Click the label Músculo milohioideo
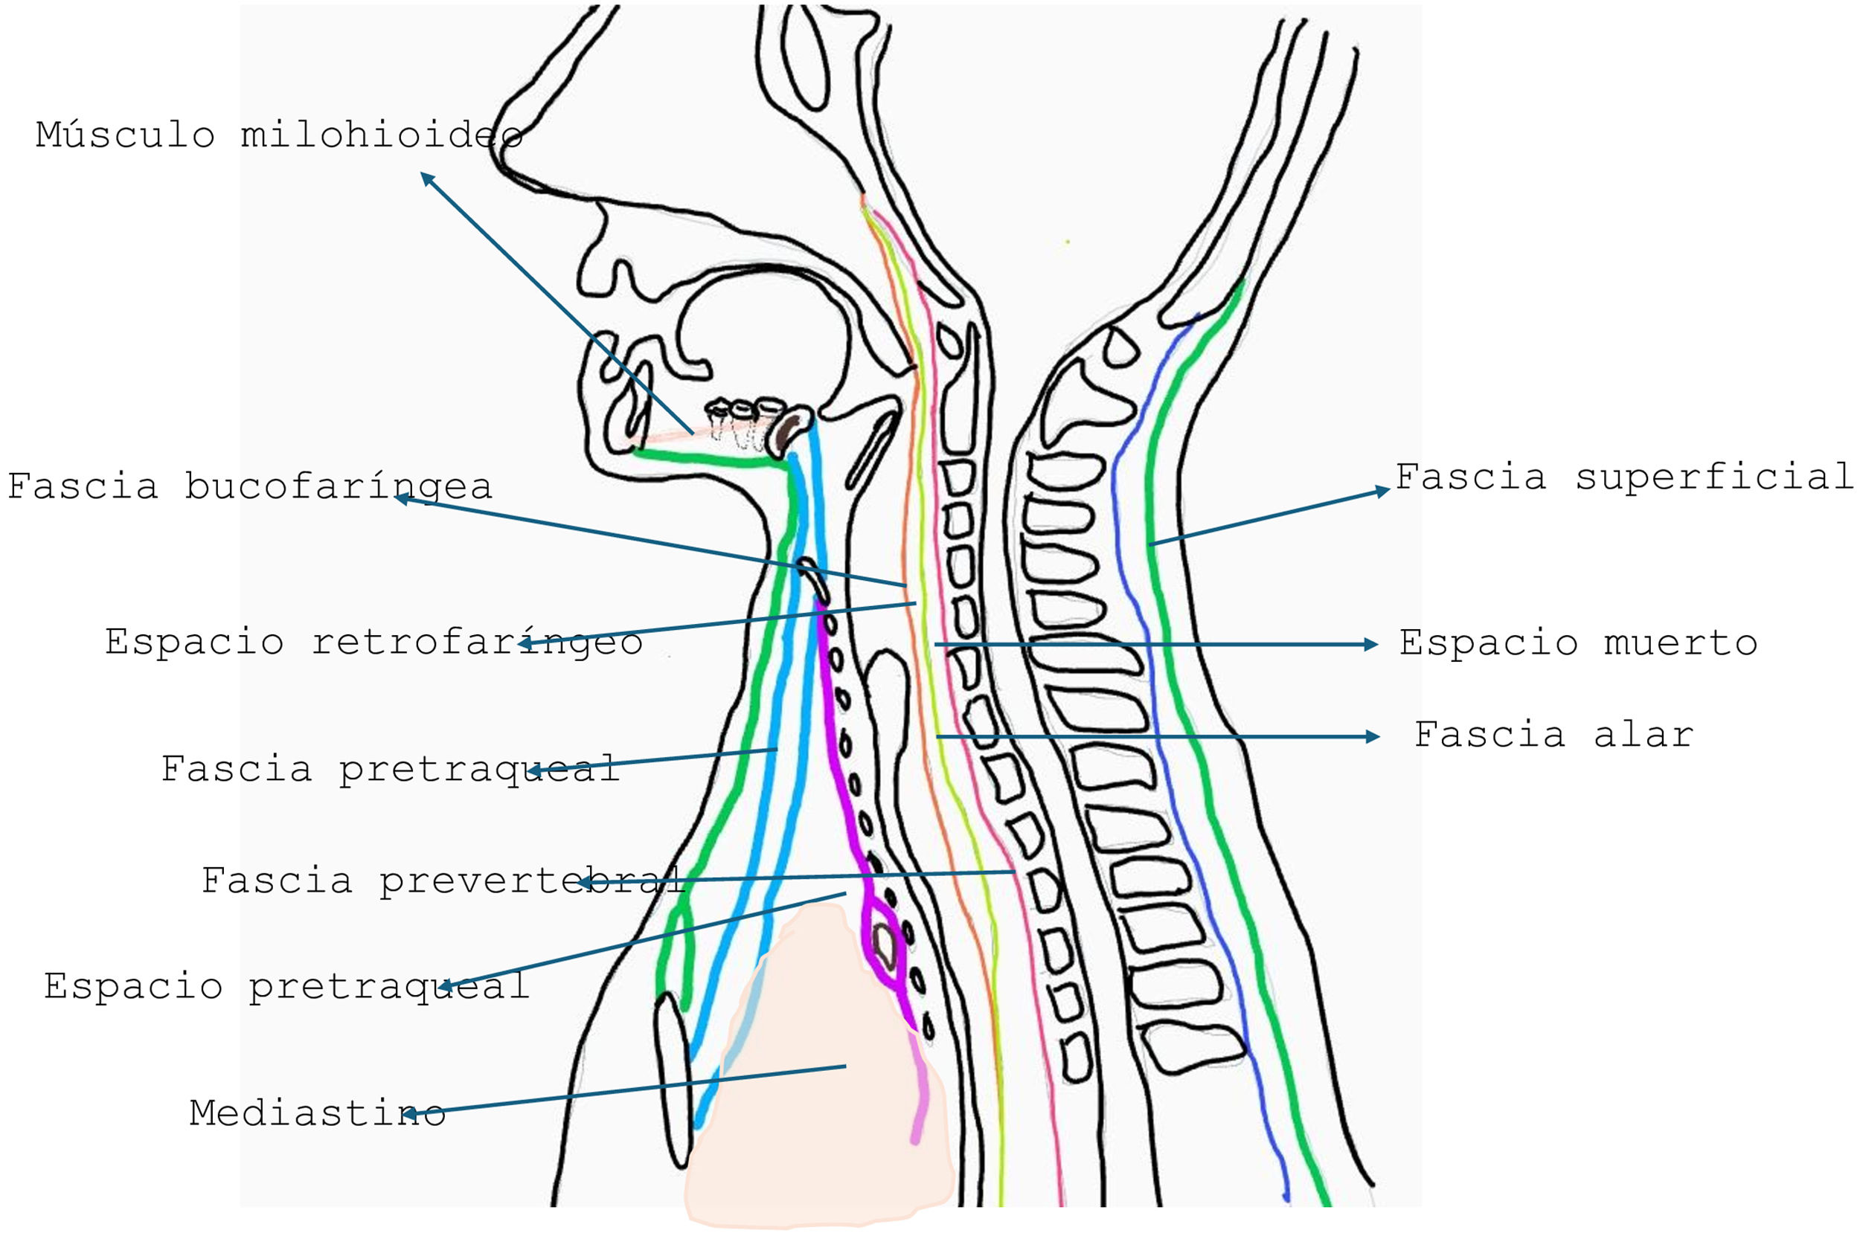279,135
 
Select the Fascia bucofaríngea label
250,486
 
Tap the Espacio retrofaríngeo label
373,642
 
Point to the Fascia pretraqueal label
391,767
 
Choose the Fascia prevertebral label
443,880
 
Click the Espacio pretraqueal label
286,986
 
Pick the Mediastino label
317,1113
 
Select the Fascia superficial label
1624,477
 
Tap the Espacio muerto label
1578,643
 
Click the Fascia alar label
1553,735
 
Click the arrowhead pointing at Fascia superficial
1382,490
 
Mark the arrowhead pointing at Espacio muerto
1371,644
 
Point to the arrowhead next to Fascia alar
1373,736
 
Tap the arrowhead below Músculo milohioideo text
426,178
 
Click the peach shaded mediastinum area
820,1104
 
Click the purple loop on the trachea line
883,942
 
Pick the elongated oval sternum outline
673,1080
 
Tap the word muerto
1680,643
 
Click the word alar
1643,735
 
